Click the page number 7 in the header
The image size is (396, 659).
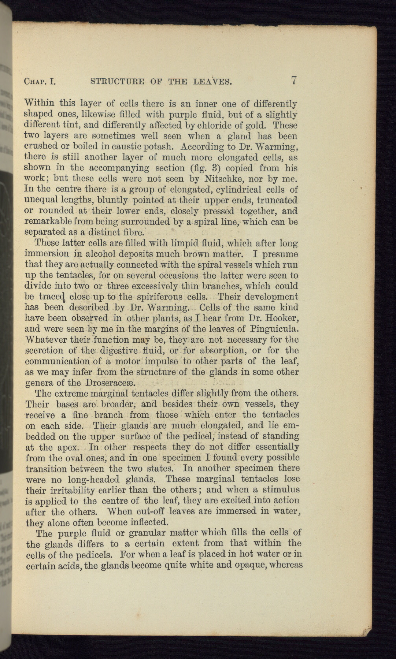click(x=293, y=80)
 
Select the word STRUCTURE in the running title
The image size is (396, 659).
click(x=116, y=81)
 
